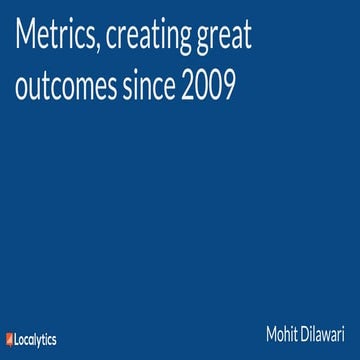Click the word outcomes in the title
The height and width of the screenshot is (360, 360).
pyautogui.click(x=65, y=88)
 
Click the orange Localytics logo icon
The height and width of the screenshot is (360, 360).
pyautogui.click(x=9, y=340)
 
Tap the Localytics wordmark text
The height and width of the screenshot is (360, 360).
pyautogui.click(x=36, y=340)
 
